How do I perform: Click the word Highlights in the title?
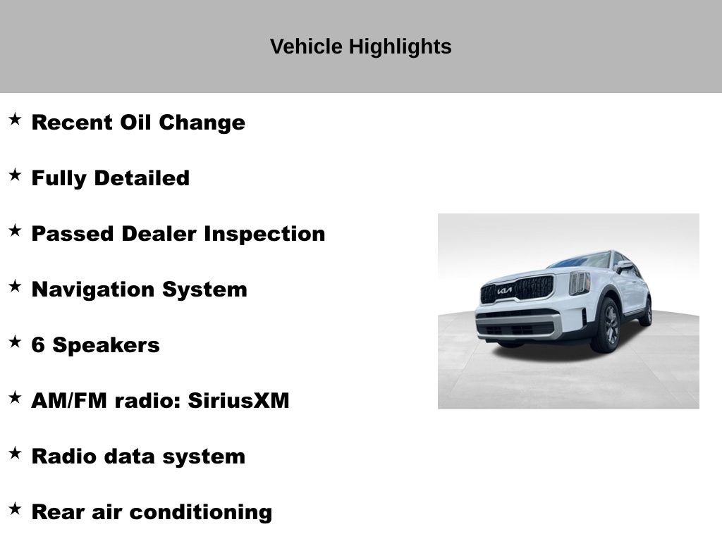(x=400, y=47)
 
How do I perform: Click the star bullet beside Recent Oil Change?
(x=15, y=119)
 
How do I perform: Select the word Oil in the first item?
(x=135, y=123)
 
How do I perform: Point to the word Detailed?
(x=142, y=178)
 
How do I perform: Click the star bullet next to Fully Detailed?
(x=15, y=175)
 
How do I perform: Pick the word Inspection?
(x=264, y=234)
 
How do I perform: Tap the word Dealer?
(x=159, y=234)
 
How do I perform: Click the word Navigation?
(x=93, y=290)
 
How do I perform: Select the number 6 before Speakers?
(x=38, y=345)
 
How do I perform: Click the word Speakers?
(x=106, y=346)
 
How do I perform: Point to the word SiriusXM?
(x=238, y=401)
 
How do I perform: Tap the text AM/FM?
(x=69, y=401)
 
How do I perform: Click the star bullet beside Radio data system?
(x=15, y=453)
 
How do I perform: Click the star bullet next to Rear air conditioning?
(x=15, y=509)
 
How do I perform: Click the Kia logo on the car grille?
(x=504, y=291)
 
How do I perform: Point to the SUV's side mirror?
(x=625, y=266)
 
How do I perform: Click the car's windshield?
(x=581, y=261)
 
